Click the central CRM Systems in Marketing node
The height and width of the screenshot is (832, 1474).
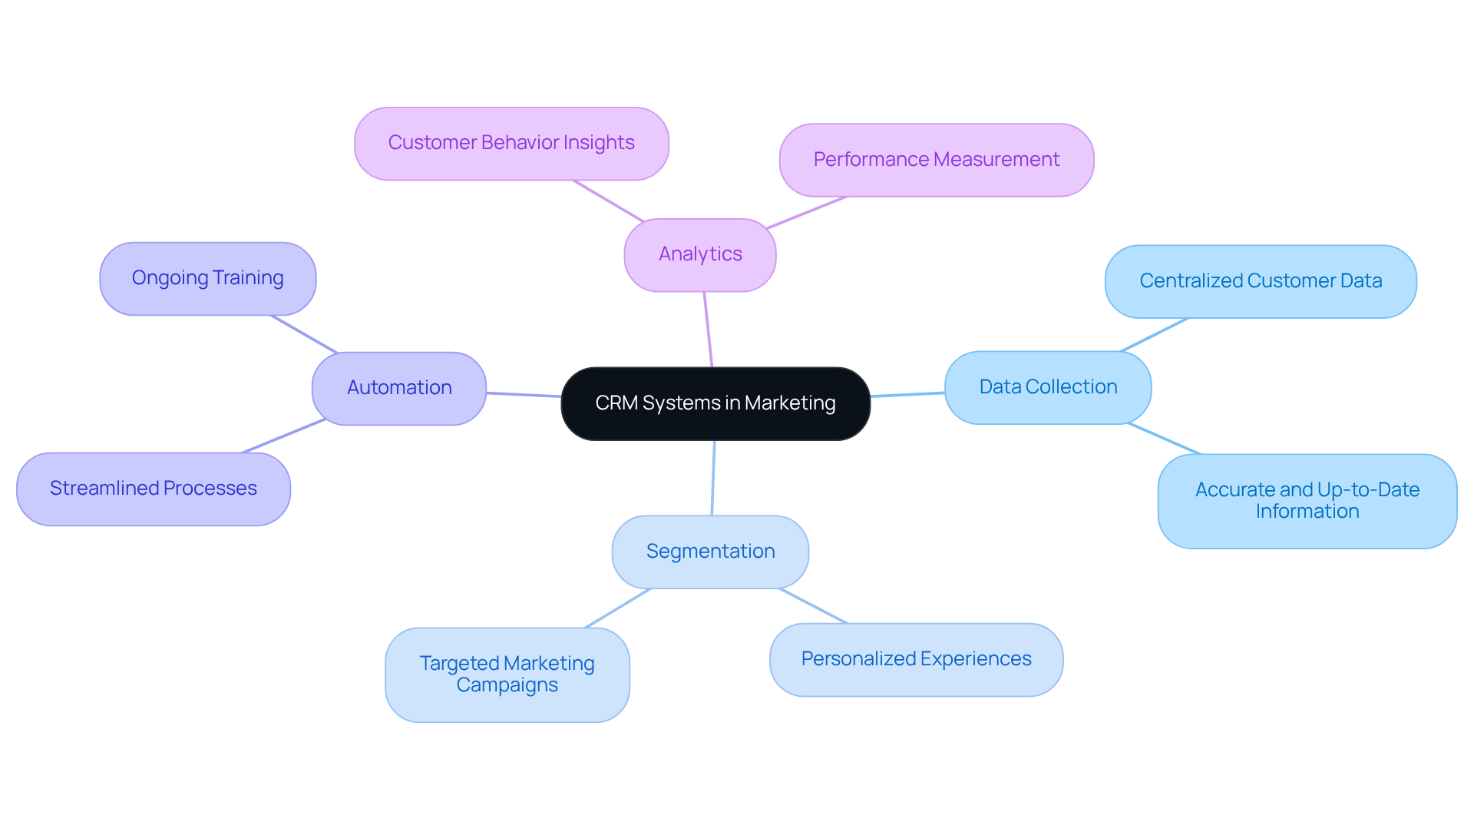[716, 403]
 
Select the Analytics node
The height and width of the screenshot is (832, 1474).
[700, 254]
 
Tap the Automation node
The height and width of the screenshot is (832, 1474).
[399, 388]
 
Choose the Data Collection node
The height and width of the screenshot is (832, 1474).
[1048, 387]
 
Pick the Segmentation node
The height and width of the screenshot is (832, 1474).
[710, 552]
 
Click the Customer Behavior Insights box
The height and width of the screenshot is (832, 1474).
[511, 144]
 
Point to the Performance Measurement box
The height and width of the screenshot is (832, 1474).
[936, 160]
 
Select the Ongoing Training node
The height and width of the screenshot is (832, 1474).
[207, 278]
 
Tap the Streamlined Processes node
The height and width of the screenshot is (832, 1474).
[154, 489]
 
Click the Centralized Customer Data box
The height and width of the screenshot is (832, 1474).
[1261, 281]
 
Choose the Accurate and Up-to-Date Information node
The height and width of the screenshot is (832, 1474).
[1307, 501]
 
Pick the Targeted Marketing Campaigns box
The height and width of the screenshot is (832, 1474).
[507, 675]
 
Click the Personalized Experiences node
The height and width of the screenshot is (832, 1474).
[916, 659]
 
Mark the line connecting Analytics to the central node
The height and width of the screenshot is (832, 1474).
[708, 329]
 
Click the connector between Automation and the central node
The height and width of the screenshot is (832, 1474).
[524, 395]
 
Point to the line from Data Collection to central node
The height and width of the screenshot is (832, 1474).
[907, 395]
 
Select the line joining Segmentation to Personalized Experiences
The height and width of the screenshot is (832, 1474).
[814, 606]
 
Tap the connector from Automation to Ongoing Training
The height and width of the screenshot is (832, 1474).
[304, 334]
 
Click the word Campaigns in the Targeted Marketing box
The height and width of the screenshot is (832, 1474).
[507, 685]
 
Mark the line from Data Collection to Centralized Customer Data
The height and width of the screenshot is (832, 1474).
[1155, 335]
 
